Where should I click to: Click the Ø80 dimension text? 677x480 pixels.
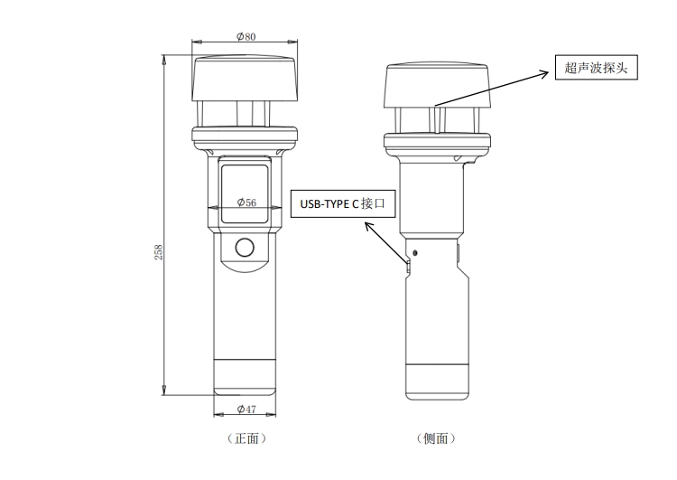246,37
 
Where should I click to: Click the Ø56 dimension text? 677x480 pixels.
246,202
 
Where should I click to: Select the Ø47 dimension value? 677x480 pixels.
246,409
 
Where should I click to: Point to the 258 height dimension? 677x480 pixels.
159,250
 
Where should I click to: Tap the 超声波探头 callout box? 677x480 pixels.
596,68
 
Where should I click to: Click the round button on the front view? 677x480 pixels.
244,247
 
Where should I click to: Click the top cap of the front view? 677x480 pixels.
246,80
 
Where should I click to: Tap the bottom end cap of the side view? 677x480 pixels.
438,380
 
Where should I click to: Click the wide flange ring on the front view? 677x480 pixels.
246,137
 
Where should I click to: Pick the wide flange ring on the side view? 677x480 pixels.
438,140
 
